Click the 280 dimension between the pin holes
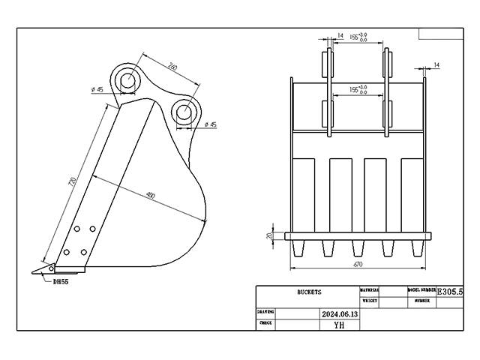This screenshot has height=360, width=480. [x=173, y=67]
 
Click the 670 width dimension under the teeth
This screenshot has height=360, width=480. [x=358, y=265]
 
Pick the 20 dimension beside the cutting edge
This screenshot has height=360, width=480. [x=270, y=235]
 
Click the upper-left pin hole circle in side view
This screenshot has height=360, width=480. [x=127, y=79]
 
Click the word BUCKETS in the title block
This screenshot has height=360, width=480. [x=308, y=292]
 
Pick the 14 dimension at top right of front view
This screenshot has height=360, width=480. [x=436, y=66]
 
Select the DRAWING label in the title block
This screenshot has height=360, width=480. [x=265, y=311]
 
